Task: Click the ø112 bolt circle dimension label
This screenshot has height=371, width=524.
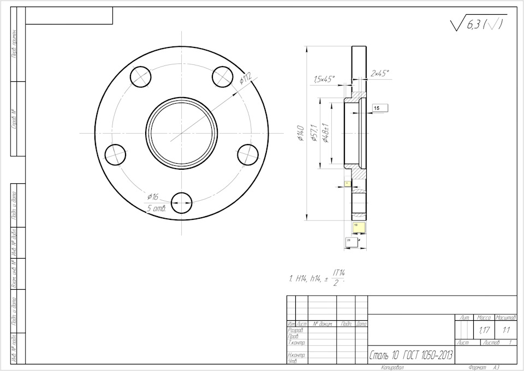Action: click(x=246, y=78)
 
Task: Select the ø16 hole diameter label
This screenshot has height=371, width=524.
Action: click(x=152, y=196)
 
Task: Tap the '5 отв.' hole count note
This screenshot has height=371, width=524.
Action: click(x=156, y=208)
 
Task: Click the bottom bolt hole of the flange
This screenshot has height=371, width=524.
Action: click(x=182, y=204)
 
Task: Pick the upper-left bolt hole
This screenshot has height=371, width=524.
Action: click(x=141, y=76)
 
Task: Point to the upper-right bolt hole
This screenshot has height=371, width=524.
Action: click(x=223, y=76)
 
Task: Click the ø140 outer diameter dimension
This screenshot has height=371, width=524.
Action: click(x=300, y=133)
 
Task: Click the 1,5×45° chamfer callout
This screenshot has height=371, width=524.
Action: click(x=324, y=80)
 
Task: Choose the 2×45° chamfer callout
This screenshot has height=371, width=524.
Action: click(x=380, y=73)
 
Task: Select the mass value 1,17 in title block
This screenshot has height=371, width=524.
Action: click(x=483, y=330)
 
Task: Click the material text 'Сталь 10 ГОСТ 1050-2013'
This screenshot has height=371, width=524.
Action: click(x=411, y=356)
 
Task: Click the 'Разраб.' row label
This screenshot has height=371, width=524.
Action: click(x=295, y=330)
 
